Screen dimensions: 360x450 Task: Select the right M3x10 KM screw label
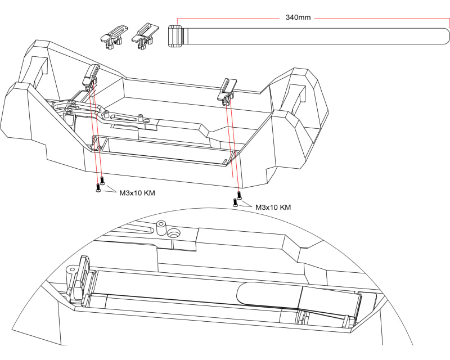point(273,208)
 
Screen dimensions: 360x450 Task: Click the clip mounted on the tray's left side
point(91,76)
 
